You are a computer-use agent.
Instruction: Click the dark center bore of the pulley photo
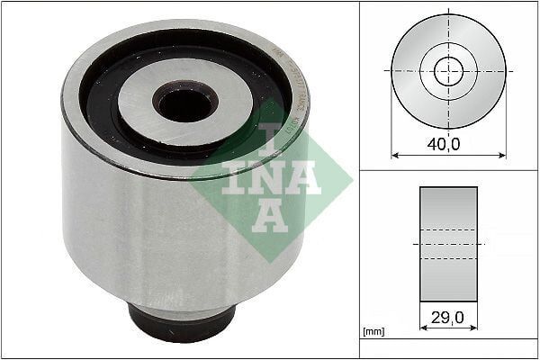point(184,103)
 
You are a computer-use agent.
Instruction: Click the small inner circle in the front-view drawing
point(448,71)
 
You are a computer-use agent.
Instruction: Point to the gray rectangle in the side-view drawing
point(448,244)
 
